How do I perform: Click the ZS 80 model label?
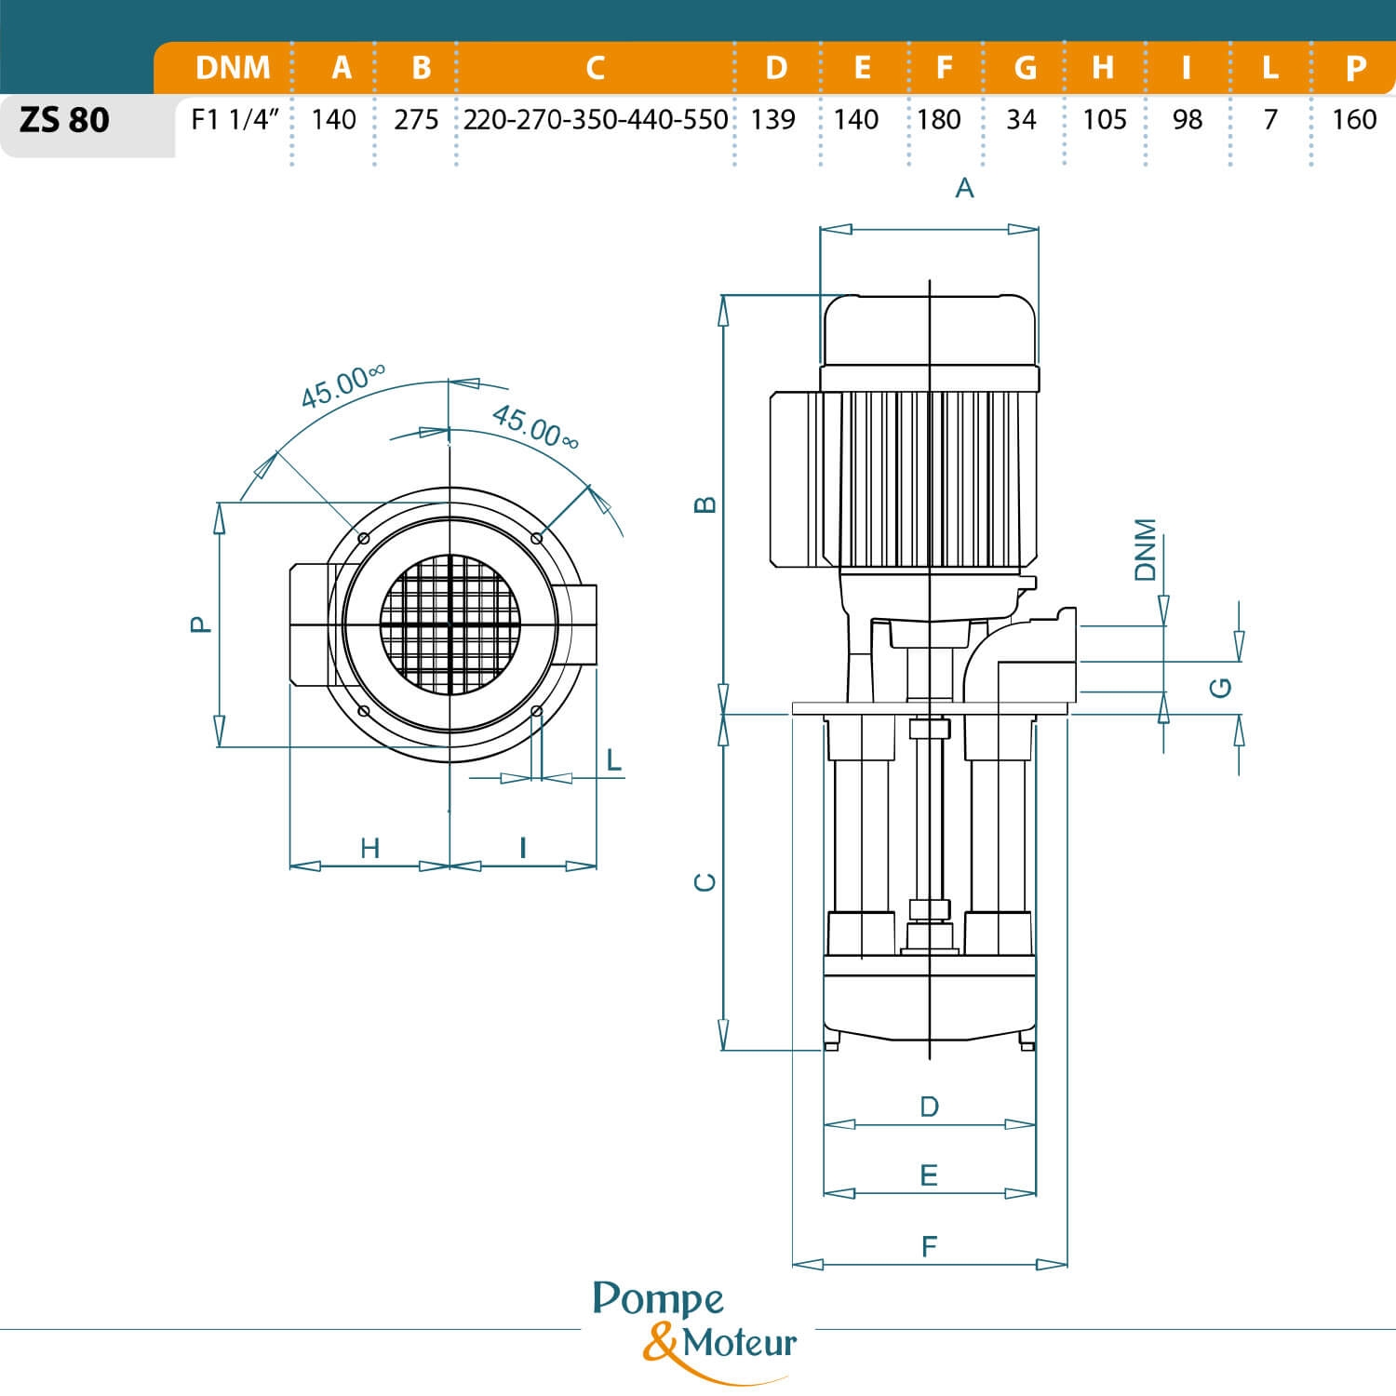point(64,120)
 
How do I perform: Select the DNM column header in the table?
point(233,68)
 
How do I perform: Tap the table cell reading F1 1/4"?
point(235,120)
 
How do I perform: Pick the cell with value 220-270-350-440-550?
point(596,120)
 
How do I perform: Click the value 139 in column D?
point(772,120)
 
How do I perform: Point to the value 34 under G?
point(1021,120)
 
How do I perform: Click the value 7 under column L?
point(1270,120)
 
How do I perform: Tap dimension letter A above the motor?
point(965,189)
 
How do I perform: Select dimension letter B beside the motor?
point(706,505)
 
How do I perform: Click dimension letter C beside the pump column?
point(706,882)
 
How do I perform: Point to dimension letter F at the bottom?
point(929,1247)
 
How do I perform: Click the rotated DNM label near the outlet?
point(1146,550)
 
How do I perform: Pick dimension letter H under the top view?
point(369,848)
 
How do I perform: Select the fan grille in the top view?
point(450,624)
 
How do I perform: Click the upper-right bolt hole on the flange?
point(536,539)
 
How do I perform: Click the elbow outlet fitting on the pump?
point(1024,656)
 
